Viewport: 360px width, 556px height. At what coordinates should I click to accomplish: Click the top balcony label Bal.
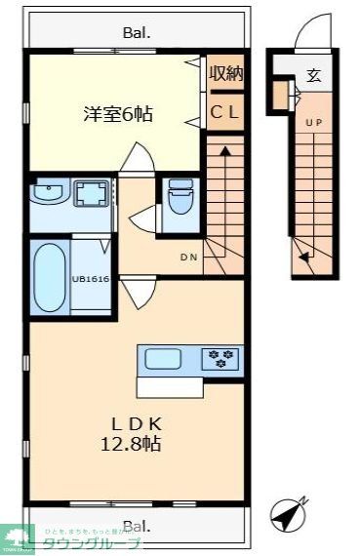click(137, 32)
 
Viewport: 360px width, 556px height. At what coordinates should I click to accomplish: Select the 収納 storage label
click(225, 73)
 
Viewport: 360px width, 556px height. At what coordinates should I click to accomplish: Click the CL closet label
click(225, 111)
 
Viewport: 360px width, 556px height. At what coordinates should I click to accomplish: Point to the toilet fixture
click(180, 202)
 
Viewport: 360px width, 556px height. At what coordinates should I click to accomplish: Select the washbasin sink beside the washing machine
click(45, 192)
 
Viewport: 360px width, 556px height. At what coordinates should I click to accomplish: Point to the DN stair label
click(189, 258)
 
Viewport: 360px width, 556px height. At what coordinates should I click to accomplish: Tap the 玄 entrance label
click(314, 75)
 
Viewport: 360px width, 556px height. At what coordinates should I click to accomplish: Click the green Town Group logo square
click(20, 537)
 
